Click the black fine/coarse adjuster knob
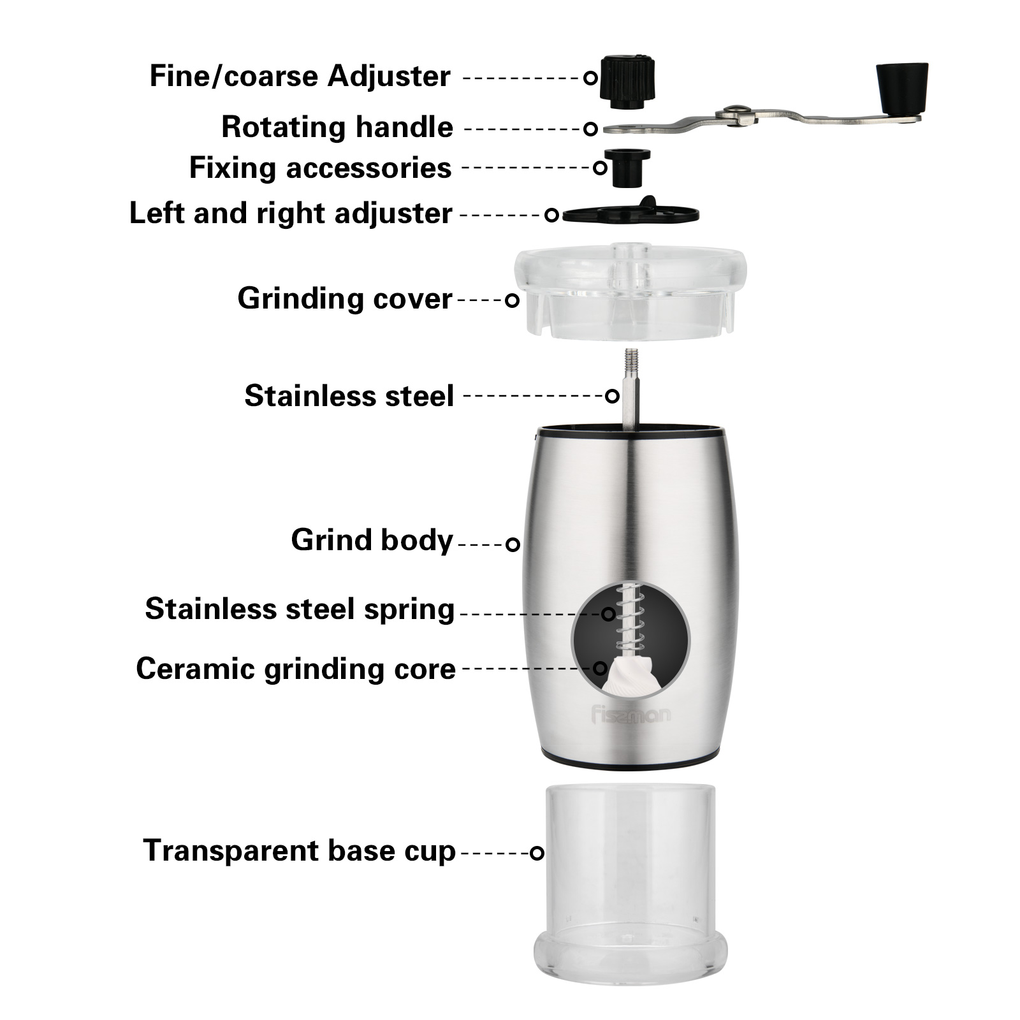coord(627,82)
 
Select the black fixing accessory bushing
coord(627,168)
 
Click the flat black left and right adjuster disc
coord(630,213)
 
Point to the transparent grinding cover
coord(630,291)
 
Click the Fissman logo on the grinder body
coord(630,716)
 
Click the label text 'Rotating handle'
coord(337,127)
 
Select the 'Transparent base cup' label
coord(299,850)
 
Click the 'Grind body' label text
coord(372,540)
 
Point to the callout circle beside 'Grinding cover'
coord(512,300)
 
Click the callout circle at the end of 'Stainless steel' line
coord(612,396)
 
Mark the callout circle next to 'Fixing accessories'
coord(600,168)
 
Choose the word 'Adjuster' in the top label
coord(389,76)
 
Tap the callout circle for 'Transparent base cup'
coord(537,852)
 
